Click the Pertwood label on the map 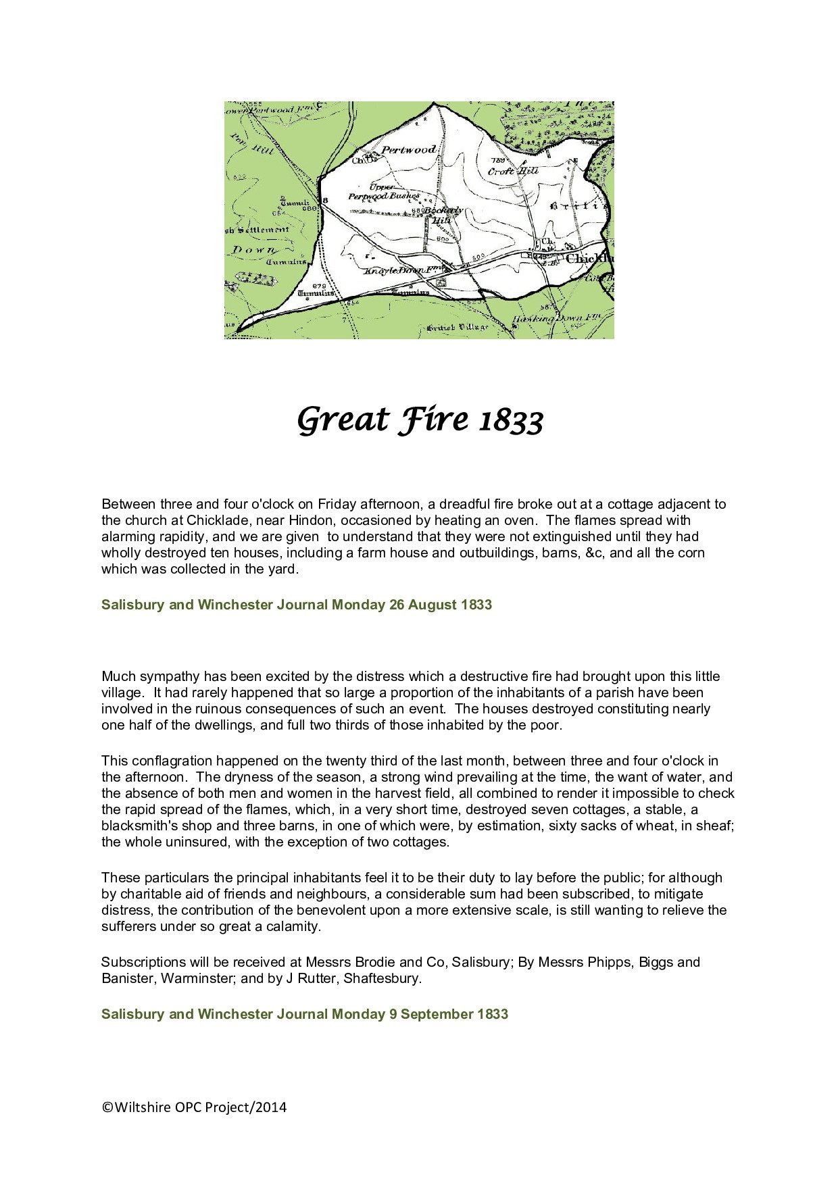(409, 149)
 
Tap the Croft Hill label (513, 171)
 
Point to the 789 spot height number (499, 160)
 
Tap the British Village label (457, 328)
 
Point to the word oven (519, 520)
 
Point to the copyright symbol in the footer (107, 1107)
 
